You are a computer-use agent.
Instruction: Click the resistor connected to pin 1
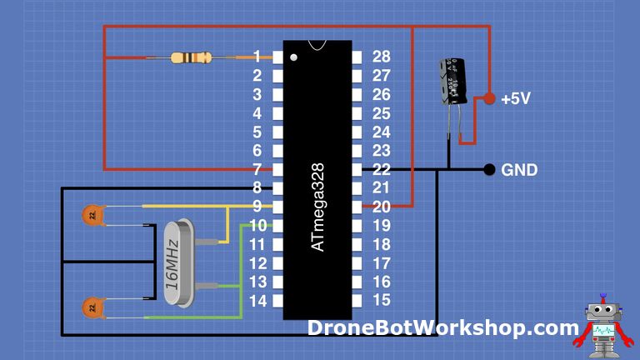190,57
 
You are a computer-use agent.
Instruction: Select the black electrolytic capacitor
454,81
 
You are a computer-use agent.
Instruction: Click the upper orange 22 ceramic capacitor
91,215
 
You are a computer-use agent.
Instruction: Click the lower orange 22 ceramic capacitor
91,307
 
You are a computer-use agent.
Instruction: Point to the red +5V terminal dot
489,97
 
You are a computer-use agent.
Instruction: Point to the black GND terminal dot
489,170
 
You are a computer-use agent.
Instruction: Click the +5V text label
516,98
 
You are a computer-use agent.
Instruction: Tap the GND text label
519,170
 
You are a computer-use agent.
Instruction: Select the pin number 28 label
382,57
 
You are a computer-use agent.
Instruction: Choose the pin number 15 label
382,300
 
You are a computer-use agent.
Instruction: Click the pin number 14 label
257,301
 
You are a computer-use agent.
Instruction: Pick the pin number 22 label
382,169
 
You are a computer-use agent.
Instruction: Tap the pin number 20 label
382,207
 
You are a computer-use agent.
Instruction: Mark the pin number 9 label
257,207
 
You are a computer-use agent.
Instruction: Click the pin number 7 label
257,169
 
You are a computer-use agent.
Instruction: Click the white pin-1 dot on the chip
294,57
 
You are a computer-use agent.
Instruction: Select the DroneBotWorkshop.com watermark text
442,327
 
